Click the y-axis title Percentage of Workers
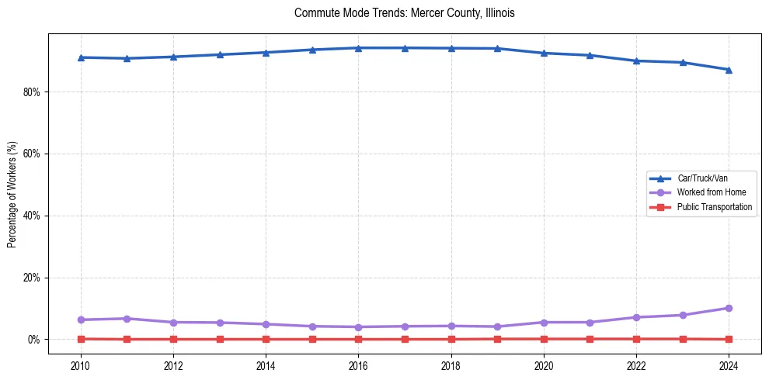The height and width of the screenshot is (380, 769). coord(12,195)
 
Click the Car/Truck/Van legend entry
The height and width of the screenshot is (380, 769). coord(702,178)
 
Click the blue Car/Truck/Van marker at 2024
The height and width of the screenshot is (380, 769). coord(729,70)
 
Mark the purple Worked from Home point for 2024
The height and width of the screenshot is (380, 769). coord(729,308)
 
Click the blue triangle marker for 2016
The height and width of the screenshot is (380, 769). coord(358,48)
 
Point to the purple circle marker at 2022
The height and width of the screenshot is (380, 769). coord(636,317)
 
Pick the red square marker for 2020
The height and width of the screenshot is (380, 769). coord(544,339)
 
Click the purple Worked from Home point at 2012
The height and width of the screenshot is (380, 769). coord(173,322)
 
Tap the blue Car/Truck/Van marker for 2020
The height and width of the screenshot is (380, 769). coord(544,53)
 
